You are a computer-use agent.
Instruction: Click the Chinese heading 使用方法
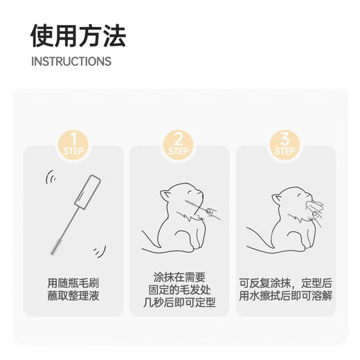78,36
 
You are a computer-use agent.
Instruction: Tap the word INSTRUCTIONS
71,62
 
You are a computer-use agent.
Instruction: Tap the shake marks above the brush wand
51,177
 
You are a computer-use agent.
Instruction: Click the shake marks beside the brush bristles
100,251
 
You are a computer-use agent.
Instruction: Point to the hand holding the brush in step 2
210,212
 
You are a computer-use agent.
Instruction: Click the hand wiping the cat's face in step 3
315,209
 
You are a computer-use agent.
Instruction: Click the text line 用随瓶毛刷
73,283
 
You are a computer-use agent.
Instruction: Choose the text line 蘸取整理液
73,296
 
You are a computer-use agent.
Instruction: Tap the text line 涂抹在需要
179,277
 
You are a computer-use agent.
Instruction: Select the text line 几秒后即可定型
179,303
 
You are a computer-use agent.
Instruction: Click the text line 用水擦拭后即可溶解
285,296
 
